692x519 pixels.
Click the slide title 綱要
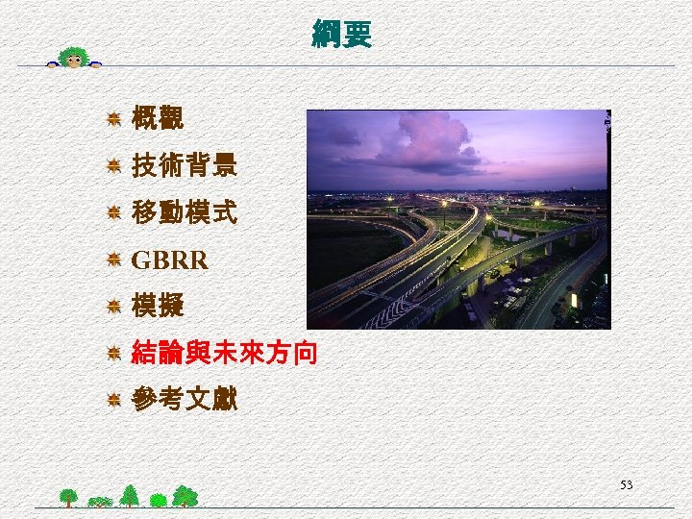click(341, 35)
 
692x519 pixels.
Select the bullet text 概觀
click(158, 119)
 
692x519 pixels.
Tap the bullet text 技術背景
click(184, 166)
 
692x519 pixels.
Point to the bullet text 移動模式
click(184, 212)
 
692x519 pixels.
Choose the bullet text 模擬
click(158, 307)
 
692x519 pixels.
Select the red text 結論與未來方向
click(223, 354)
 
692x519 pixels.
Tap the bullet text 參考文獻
click(184, 400)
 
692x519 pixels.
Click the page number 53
click(626, 485)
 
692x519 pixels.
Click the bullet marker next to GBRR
click(112, 259)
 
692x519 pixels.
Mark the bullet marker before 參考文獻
click(112, 400)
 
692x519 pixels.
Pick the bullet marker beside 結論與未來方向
click(112, 354)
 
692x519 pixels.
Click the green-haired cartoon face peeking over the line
click(73, 57)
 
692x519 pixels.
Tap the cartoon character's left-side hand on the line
click(54, 65)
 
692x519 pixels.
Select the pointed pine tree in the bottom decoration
click(129, 494)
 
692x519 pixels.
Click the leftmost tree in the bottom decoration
click(68, 497)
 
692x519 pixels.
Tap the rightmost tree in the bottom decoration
click(185, 496)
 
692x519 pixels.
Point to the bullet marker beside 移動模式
click(112, 212)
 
